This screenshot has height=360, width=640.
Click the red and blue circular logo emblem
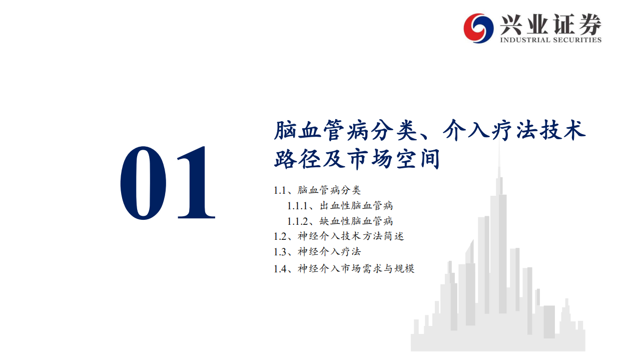click(x=478, y=28)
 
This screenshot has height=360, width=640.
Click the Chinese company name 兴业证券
click(x=550, y=24)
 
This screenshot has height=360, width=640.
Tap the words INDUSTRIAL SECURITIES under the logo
click(x=550, y=40)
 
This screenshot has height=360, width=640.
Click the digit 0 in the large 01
click(x=144, y=183)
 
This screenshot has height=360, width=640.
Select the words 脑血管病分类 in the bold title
click(x=345, y=131)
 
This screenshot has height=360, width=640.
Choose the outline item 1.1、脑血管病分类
click(x=317, y=190)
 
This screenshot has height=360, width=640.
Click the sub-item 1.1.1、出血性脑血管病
click(x=340, y=206)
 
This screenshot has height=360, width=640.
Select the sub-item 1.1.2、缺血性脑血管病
click(x=340, y=221)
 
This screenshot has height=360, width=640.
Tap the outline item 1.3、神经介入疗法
click(x=317, y=252)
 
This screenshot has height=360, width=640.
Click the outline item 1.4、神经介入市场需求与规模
click(x=344, y=269)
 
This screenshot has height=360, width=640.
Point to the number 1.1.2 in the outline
click(x=298, y=221)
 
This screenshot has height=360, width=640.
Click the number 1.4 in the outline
click(x=280, y=269)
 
